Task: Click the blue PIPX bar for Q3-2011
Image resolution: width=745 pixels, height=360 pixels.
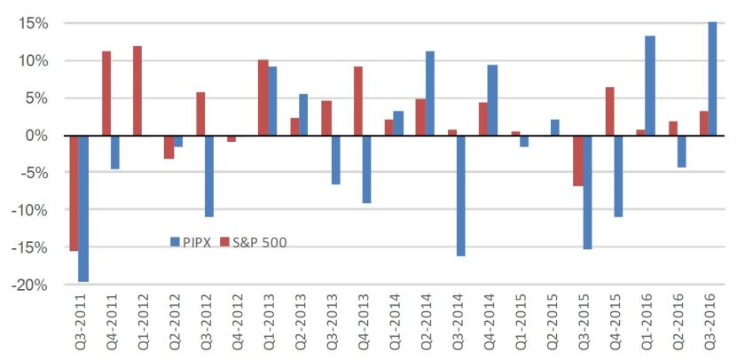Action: coord(83,208)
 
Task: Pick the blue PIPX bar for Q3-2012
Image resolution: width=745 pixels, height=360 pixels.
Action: coord(209,176)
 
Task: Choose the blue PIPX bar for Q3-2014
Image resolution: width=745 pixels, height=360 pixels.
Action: coord(461,195)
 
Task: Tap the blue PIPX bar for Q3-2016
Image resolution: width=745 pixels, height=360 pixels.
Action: coord(713,78)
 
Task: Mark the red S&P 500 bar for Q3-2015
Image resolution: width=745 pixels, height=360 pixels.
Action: coord(578,160)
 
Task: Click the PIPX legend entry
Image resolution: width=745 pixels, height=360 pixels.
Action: coord(192,241)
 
